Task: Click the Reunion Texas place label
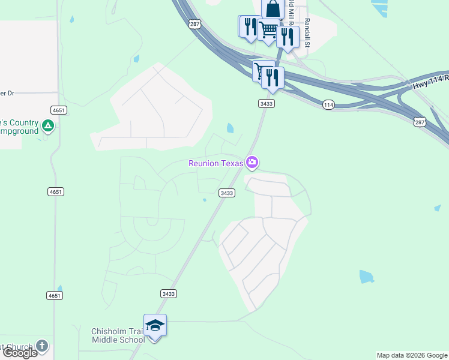click(x=215, y=163)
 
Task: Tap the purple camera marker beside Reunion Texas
click(x=252, y=162)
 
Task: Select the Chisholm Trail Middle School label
click(x=118, y=335)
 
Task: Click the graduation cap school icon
click(x=155, y=325)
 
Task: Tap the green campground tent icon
click(x=49, y=126)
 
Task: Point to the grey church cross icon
click(x=41, y=346)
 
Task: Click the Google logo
click(x=19, y=353)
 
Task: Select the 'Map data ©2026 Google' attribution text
click(x=412, y=355)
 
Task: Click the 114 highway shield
click(x=328, y=104)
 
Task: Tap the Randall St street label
click(x=307, y=34)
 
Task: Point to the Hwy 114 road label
click(x=430, y=84)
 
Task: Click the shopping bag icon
click(x=273, y=10)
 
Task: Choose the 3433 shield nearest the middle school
click(x=169, y=293)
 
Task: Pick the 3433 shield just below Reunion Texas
click(x=226, y=193)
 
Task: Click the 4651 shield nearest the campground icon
click(x=58, y=110)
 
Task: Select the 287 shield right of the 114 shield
click(x=420, y=122)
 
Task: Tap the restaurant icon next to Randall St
click(x=288, y=37)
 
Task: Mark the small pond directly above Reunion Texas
click(x=230, y=128)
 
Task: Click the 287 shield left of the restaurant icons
click(x=194, y=24)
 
